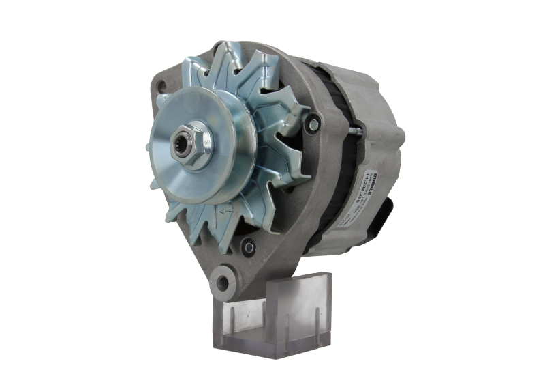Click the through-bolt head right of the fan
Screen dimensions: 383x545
click(313, 124)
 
